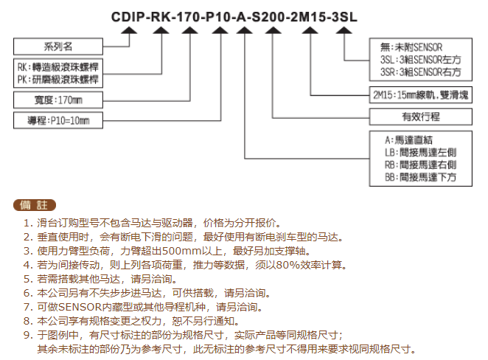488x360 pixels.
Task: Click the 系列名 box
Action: (58, 46)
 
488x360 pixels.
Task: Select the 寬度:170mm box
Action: (58, 100)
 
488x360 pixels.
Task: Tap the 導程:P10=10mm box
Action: (58, 120)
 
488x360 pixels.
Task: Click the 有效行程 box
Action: (420, 117)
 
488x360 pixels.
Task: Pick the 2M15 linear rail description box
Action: (420, 94)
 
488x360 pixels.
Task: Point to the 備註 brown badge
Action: (35, 205)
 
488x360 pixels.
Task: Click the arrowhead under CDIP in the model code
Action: (129, 30)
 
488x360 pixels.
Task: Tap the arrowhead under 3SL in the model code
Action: (344, 30)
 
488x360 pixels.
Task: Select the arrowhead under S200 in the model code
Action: (273, 30)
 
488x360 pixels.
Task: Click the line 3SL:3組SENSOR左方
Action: (420, 60)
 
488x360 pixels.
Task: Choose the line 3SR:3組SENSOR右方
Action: (420, 72)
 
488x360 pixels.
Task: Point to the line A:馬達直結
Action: (408, 140)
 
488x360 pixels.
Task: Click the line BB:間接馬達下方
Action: (420, 177)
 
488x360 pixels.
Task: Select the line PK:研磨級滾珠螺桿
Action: (58, 80)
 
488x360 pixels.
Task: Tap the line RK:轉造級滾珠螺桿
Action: (58, 67)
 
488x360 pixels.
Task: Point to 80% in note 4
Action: (287, 265)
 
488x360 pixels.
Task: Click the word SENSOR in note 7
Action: (80, 307)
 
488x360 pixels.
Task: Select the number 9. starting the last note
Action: (28, 335)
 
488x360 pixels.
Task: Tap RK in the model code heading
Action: (161, 17)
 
